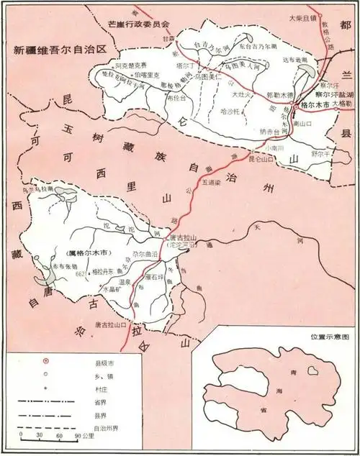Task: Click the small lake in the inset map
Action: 313,371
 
